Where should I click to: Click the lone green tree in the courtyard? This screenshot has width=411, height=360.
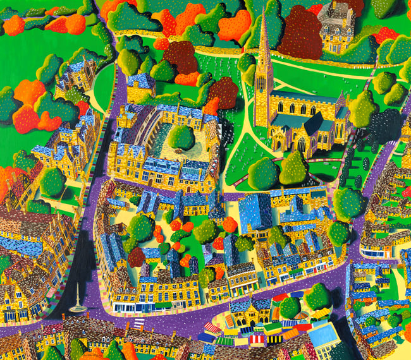(x=182, y=137)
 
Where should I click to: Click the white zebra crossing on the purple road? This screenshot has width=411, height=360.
(x=138, y=325)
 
